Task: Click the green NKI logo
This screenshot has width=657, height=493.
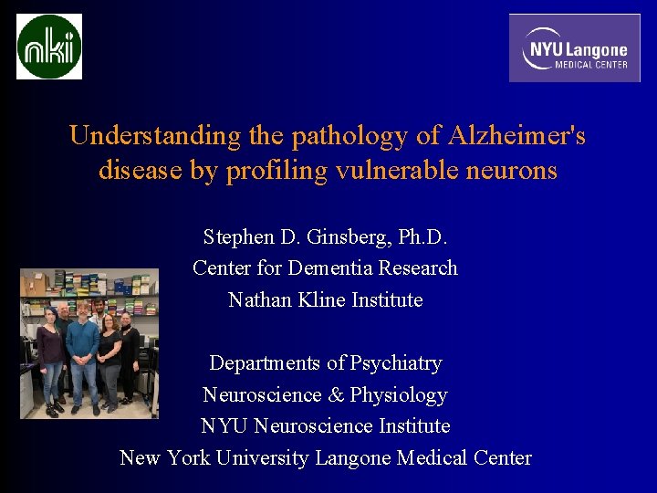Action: (x=49, y=47)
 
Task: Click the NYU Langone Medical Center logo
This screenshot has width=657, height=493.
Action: (x=575, y=48)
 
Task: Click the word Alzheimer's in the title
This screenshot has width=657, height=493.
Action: (x=517, y=137)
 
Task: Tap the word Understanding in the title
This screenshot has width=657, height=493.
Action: (x=154, y=137)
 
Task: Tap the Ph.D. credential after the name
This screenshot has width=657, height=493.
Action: (x=423, y=237)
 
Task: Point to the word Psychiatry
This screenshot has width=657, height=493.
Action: (x=389, y=362)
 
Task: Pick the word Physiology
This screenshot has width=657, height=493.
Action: (x=399, y=395)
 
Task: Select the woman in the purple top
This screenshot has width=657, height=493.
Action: (x=49, y=351)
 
